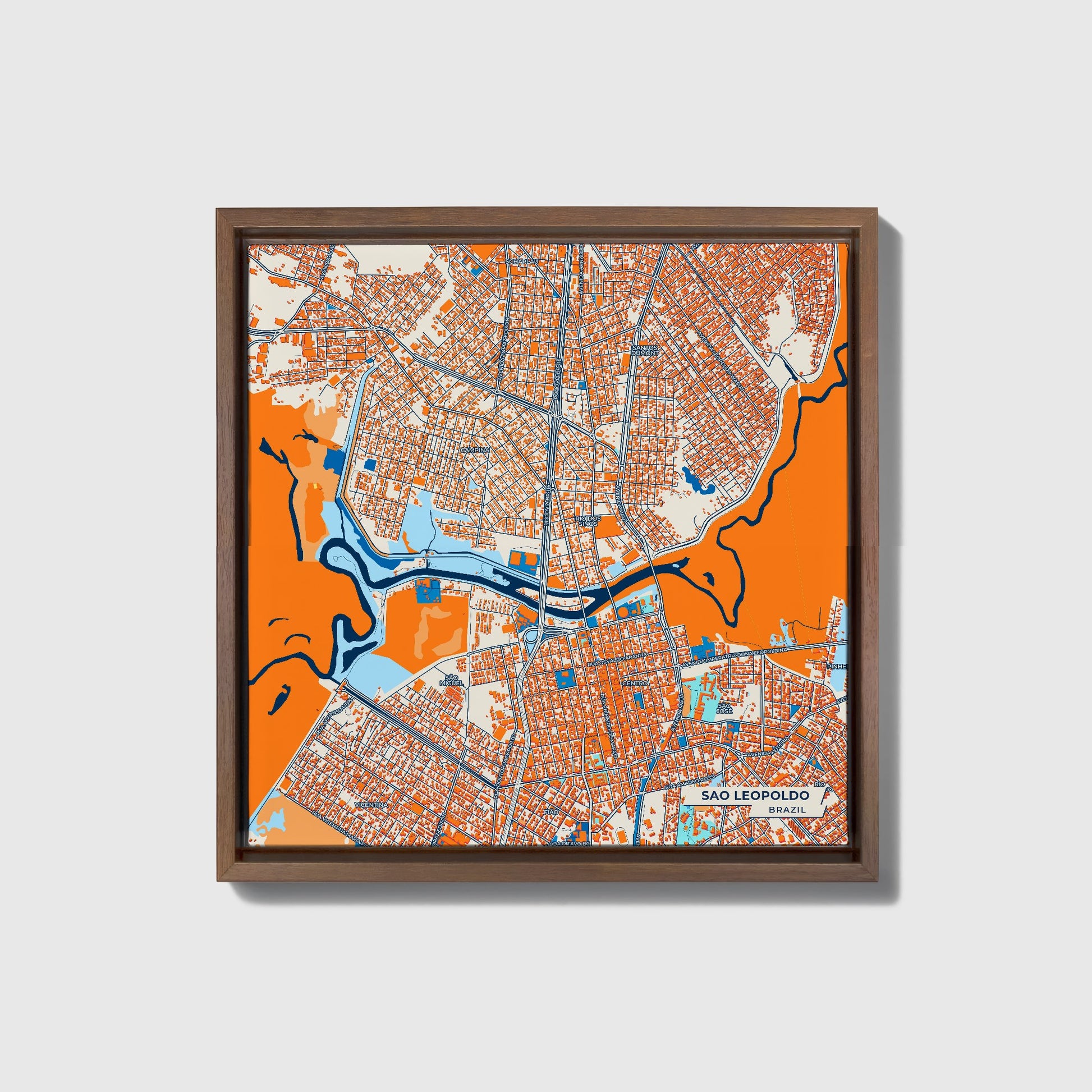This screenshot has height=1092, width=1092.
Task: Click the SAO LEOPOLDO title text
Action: pos(755,795)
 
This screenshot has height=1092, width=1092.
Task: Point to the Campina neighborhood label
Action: pos(474,449)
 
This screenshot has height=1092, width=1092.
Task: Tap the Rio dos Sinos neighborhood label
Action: pos(586,521)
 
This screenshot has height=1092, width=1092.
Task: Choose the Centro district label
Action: pos(634,683)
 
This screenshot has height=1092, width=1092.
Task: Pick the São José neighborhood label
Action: pos(724,708)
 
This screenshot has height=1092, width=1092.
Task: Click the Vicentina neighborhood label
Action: pos(371,804)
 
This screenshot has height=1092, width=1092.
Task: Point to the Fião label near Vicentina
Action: pos(550,811)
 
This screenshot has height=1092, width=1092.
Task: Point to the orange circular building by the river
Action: pos(622,612)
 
